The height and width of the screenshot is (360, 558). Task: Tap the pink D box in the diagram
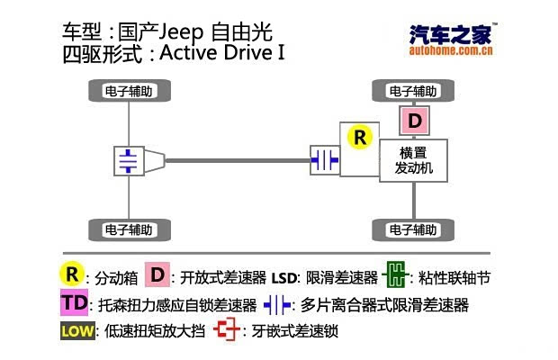click(x=414, y=119)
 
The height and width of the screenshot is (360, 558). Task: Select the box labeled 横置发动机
click(x=414, y=160)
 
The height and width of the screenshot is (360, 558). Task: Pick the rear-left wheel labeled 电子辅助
click(x=131, y=229)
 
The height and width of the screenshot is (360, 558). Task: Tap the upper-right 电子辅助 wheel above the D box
click(x=414, y=91)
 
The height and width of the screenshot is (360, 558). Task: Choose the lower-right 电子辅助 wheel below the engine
click(x=414, y=229)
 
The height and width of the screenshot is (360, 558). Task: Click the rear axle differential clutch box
click(x=130, y=161)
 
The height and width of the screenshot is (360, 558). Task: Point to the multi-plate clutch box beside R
click(x=324, y=160)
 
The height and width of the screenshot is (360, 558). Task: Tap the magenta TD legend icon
click(x=76, y=302)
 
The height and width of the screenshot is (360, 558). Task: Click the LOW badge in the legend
click(x=76, y=330)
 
